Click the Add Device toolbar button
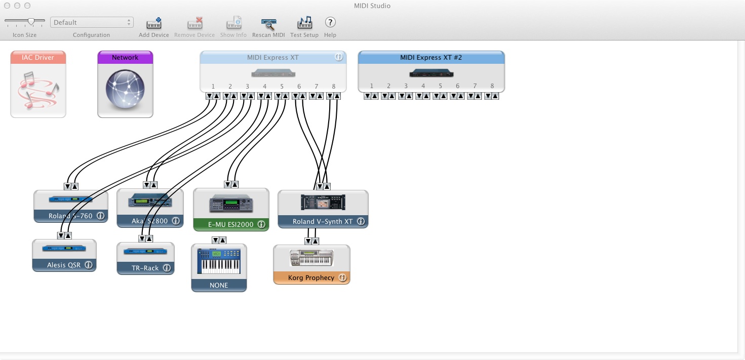pos(154,24)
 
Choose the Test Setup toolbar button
pos(304,24)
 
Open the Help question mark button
pos(330,22)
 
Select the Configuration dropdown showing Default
pos(92,22)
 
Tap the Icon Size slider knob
pos(31,21)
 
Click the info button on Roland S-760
pos(100,216)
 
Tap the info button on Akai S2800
pos(176,221)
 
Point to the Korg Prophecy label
pos(311,278)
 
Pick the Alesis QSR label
pos(64,265)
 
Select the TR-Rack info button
pos(167,268)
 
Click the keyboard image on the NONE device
pos(219,261)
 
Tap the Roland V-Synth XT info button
pos(361,222)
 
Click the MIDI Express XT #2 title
pos(431,58)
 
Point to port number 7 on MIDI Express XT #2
pos(475,86)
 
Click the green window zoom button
pos(27,6)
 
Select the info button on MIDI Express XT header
pos(339,57)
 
